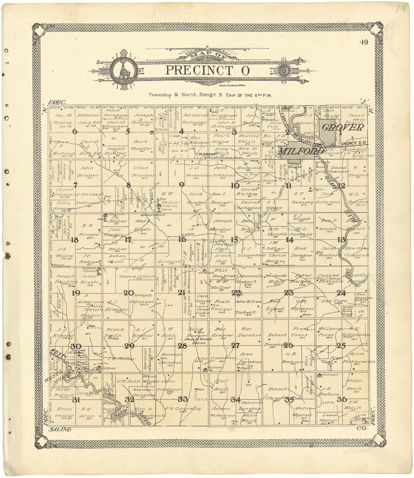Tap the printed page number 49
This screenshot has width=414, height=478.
364,42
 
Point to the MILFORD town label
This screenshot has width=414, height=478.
301,151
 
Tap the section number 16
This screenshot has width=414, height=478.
182,239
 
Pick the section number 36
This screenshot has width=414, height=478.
342,399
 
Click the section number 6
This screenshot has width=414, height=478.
75,131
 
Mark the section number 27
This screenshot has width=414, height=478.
236,346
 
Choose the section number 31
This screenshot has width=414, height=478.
76,400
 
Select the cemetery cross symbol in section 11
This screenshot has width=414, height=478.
309,189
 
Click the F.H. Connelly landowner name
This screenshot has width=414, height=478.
183,408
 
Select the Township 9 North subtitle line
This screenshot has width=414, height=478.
210,95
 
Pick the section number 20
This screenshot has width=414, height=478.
129,293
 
